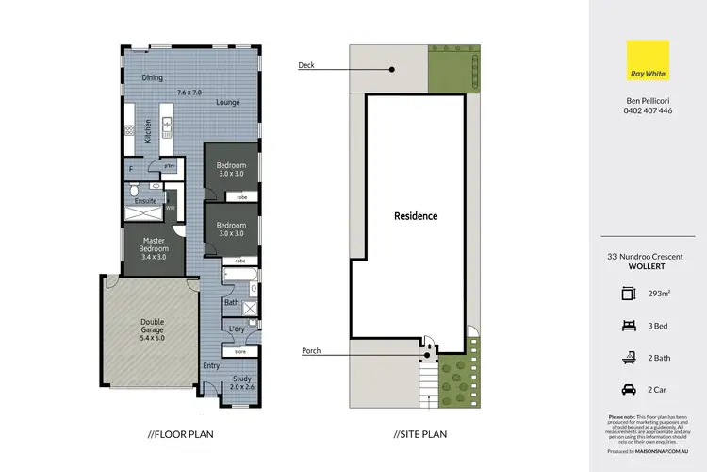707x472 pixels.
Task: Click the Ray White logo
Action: click(x=647, y=59)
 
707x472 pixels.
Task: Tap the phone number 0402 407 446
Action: click(x=647, y=110)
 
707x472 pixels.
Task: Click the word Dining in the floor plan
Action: click(x=153, y=77)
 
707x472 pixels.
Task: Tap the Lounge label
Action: click(x=227, y=102)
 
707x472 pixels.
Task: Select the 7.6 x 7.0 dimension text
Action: click(x=189, y=92)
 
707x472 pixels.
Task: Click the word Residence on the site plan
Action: click(x=416, y=216)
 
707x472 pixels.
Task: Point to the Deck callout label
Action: click(x=306, y=66)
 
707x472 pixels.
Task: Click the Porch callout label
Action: click(x=310, y=351)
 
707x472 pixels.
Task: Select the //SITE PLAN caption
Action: click(x=420, y=435)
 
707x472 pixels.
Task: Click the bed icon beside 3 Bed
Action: click(x=629, y=323)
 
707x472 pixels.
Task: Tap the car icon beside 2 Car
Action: click(x=629, y=387)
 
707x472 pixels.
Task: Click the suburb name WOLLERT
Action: click(x=647, y=265)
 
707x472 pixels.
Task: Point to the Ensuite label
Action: click(x=146, y=201)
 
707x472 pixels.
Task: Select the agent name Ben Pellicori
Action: click(x=647, y=99)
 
